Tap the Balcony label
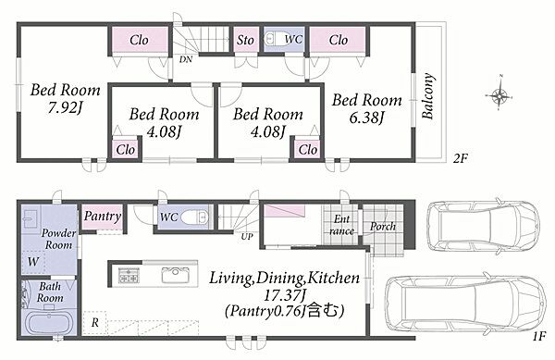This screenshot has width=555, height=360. (428, 96)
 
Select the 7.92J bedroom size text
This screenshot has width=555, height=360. (66, 107)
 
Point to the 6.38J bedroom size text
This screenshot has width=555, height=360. (367, 118)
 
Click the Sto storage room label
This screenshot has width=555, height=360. (245, 40)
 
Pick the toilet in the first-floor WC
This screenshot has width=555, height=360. (194, 217)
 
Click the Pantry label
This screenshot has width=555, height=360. (103, 217)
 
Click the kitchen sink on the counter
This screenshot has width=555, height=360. (175, 275)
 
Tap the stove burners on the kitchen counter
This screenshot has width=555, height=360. (129, 275)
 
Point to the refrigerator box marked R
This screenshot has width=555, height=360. (95, 323)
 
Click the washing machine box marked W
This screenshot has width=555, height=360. (33, 262)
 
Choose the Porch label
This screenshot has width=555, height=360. (383, 227)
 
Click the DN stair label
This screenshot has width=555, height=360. (186, 59)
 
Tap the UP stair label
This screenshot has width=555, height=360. (247, 237)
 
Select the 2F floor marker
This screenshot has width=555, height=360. (460, 158)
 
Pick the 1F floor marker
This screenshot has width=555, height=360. (539, 336)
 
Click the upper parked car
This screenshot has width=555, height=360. (483, 225)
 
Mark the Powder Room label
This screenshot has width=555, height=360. (58, 239)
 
